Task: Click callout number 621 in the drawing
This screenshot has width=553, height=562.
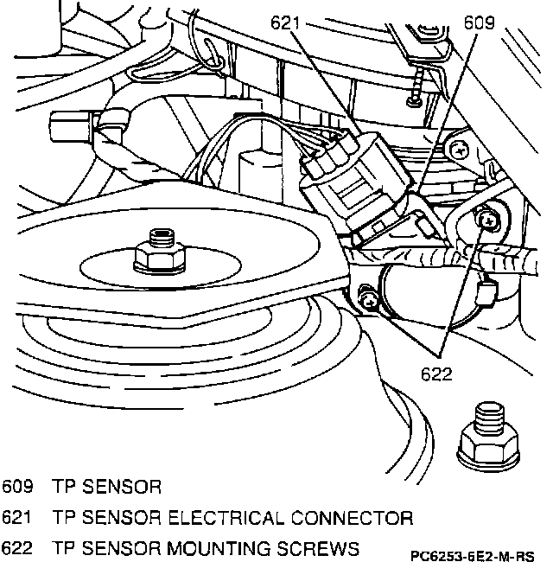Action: coord(285,23)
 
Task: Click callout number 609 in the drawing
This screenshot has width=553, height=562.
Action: coord(479,22)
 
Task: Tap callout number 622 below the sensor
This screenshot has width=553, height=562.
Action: coord(436,374)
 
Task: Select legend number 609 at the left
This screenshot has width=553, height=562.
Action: coord(17,487)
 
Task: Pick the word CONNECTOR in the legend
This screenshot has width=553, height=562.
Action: coord(352,518)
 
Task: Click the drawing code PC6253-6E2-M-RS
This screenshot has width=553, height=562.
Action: coord(472,556)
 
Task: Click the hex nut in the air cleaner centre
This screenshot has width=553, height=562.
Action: coord(160,257)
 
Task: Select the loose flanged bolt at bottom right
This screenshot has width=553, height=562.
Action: coord(488,437)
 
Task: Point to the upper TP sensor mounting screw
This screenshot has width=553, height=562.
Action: coord(488,220)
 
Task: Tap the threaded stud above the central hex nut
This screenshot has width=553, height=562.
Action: coord(162,237)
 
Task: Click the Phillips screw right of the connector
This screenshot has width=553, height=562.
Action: coord(458,150)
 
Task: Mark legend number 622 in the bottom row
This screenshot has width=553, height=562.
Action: coord(17,549)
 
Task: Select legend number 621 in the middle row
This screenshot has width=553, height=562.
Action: coord(16,518)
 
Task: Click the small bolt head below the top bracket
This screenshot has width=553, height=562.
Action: coord(415,102)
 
